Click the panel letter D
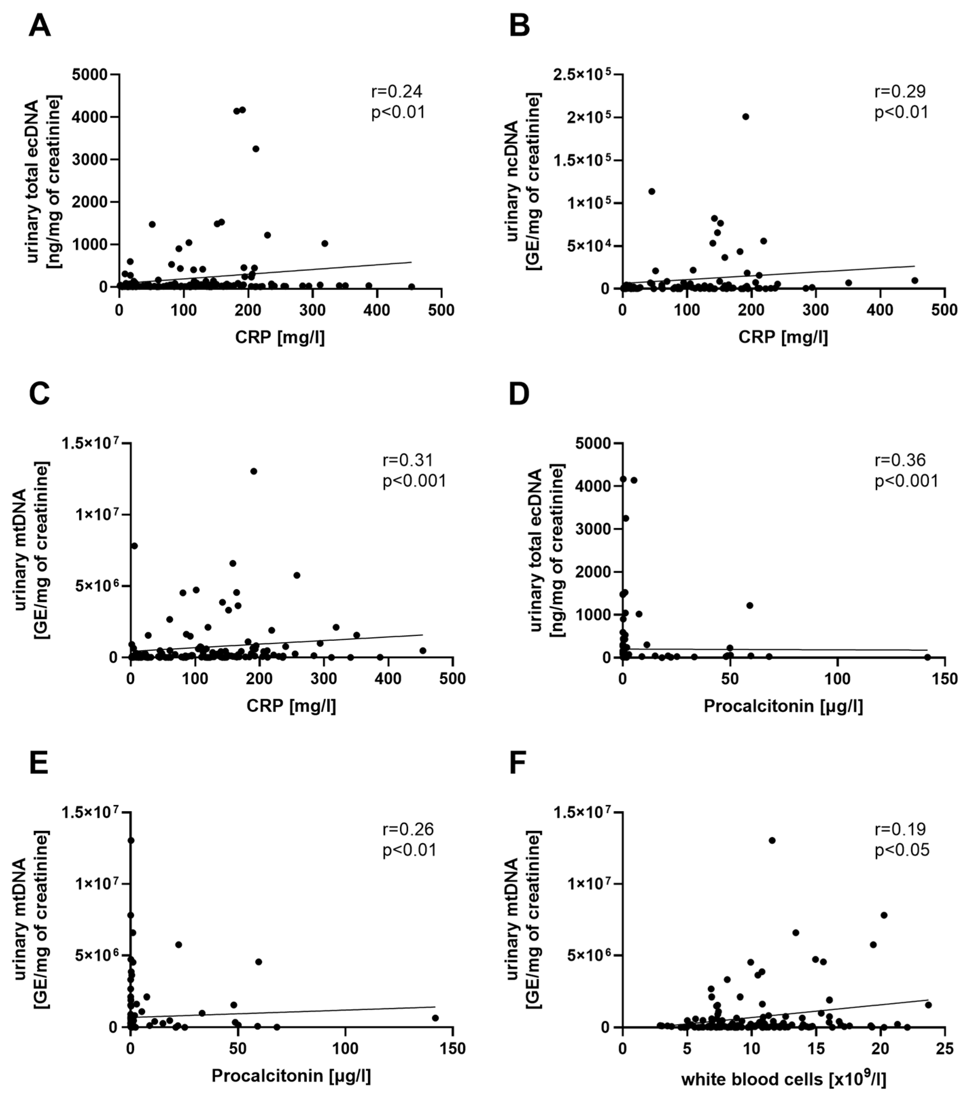pyautogui.click(x=519, y=394)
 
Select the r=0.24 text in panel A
pyautogui.click(x=397, y=92)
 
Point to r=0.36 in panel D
pyautogui.click(x=900, y=460)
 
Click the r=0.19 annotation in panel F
pyautogui.click(x=900, y=829)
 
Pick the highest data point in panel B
pyautogui.click(x=745, y=116)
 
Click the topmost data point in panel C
pyautogui.click(x=254, y=471)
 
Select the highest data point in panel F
pyautogui.click(x=772, y=840)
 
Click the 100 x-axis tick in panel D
pyautogui.click(x=837, y=678)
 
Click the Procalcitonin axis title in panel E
pyautogui.click(x=291, y=1076)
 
